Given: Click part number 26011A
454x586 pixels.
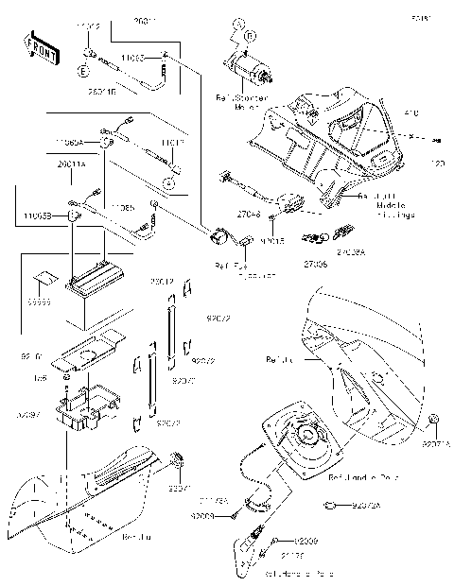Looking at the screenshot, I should point(71,164).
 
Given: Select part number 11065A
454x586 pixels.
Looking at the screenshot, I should point(69,142).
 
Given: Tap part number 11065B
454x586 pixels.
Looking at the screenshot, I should point(38,215).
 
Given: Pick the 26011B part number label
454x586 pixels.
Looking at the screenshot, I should point(101,93).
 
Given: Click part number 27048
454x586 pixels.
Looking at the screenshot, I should point(248,215).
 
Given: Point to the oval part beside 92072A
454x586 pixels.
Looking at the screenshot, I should point(327,506).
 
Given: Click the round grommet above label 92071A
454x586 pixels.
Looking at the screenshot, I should point(433,419).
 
